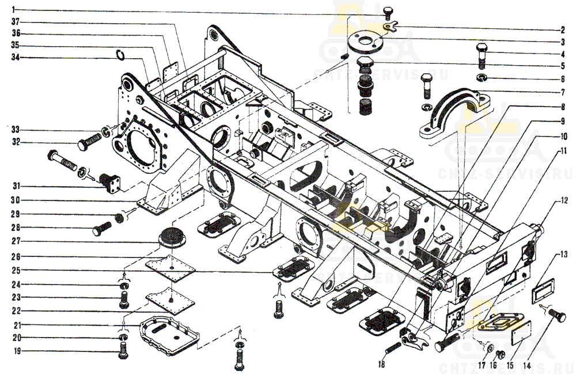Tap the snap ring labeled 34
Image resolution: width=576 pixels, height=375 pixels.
coord(120,55)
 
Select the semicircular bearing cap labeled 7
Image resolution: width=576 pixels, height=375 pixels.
coord(455,112)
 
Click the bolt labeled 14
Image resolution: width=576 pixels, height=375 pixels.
coord(556,315)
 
